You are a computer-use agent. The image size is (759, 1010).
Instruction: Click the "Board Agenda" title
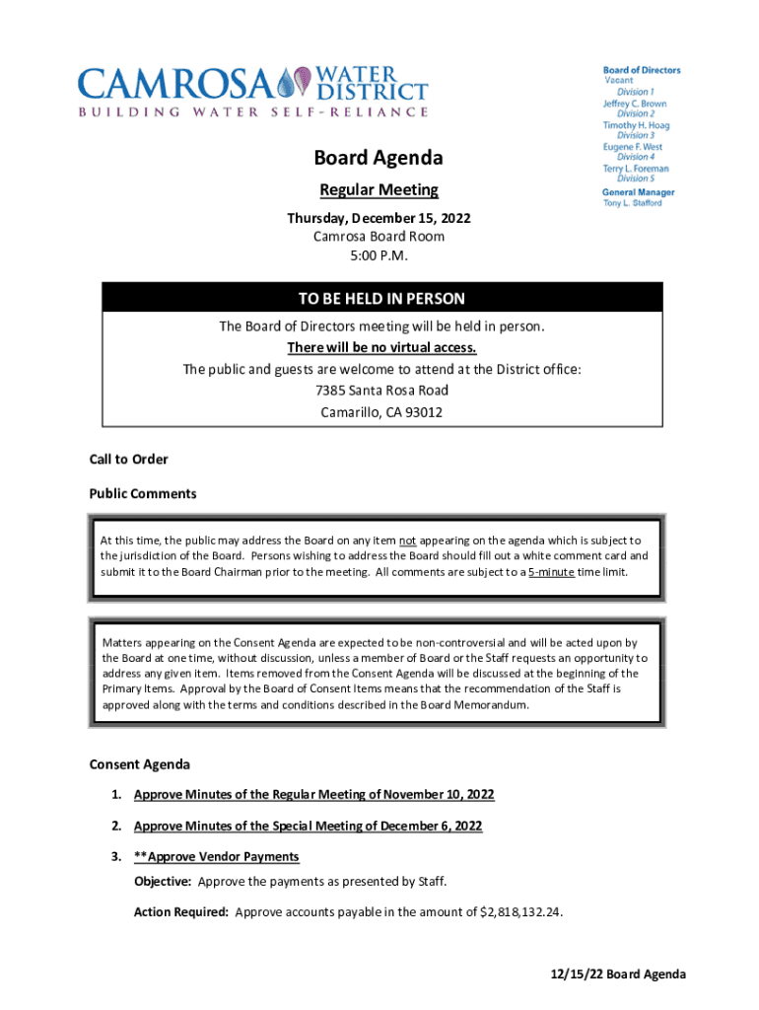pyautogui.click(x=379, y=158)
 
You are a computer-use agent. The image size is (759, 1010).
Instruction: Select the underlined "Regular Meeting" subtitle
pyautogui.click(x=379, y=190)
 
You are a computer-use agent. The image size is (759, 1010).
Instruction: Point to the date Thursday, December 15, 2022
pyautogui.click(x=379, y=217)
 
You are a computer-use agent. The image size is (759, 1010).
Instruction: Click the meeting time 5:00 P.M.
pyautogui.click(x=379, y=255)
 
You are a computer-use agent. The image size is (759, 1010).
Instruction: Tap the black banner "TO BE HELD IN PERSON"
pyautogui.click(x=381, y=298)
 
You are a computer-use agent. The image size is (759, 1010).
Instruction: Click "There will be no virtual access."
pyautogui.click(x=381, y=347)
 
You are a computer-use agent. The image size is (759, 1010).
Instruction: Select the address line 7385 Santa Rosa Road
pyautogui.click(x=381, y=391)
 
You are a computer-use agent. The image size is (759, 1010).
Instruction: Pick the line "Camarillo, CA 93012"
pyautogui.click(x=381, y=412)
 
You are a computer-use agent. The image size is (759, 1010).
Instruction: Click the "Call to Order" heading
pyautogui.click(x=129, y=459)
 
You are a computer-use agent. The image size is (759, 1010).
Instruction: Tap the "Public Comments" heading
pyautogui.click(x=143, y=493)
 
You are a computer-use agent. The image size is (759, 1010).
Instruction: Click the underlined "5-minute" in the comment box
pyautogui.click(x=551, y=572)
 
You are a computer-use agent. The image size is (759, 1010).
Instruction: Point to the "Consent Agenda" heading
pyautogui.click(x=140, y=764)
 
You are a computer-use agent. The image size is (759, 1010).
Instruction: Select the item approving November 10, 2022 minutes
pyautogui.click(x=313, y=795)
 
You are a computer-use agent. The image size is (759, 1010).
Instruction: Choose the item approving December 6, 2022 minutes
pyautogui.click(x=308, y=826)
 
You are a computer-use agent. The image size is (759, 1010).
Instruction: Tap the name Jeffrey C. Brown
pyautogui.click(x=635, y=104)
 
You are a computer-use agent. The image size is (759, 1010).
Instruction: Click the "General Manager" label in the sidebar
pyautogui.click(x=639, y=192)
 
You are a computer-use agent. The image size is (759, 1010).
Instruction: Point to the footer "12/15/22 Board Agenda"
pyautogui.click(x=618, y=974)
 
